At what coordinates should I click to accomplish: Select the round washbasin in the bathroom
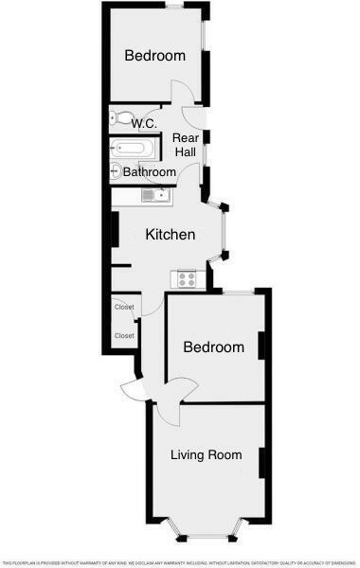coord(116,170)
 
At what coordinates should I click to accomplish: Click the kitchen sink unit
coord(154,196)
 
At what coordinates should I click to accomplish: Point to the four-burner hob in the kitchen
coord(187,278)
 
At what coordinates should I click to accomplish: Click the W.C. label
coord(144,124)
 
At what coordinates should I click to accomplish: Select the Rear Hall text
coord(184,146)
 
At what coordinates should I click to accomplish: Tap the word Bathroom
coord(150,172)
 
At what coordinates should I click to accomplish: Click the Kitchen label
coord(170,235)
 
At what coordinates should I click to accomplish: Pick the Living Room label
coord(206,454)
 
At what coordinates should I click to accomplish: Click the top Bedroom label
coord(155,56)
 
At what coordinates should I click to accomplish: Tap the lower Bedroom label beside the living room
coord(213,347)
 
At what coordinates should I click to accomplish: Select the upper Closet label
coord(124,307)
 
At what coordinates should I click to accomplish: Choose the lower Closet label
coord(124,335)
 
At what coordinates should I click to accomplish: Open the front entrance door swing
coord(133,391)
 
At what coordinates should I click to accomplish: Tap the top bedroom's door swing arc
coord(182,92)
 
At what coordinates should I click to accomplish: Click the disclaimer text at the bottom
coord(180,561)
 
